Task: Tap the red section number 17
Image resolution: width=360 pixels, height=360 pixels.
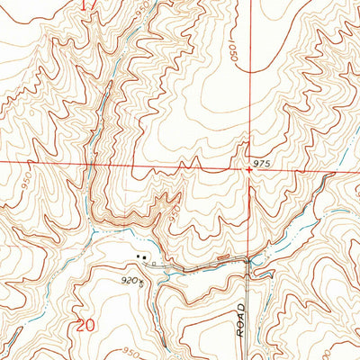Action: [86, 5]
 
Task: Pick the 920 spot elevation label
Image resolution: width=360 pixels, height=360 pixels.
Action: [130, 281]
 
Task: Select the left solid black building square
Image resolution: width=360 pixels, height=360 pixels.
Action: [138, 257]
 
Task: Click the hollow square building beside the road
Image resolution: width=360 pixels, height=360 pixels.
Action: [154, 264]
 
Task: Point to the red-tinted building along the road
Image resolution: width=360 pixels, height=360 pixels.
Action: [220, 261]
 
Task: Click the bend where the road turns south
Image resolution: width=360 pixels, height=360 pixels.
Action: [248, 264]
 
